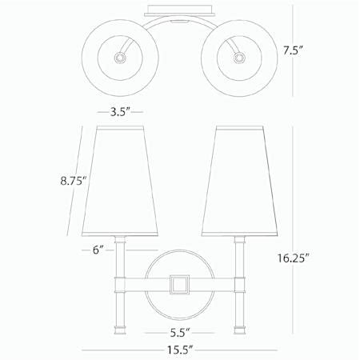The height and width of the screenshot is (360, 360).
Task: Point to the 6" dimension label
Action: [98, 250]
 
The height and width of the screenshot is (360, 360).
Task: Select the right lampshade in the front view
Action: [238, 180]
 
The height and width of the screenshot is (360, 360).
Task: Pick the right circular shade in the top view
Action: [237, 56]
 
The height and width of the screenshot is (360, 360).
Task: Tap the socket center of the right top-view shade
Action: [237, 57]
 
